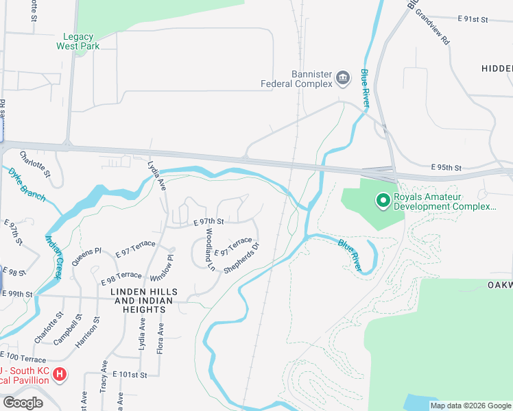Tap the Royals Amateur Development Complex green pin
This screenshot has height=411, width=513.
383,201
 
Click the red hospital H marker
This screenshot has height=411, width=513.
60,375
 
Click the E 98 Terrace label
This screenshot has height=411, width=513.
121,278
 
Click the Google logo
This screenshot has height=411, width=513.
23,403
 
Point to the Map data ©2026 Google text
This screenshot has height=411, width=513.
470,406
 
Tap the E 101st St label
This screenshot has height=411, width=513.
130,375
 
